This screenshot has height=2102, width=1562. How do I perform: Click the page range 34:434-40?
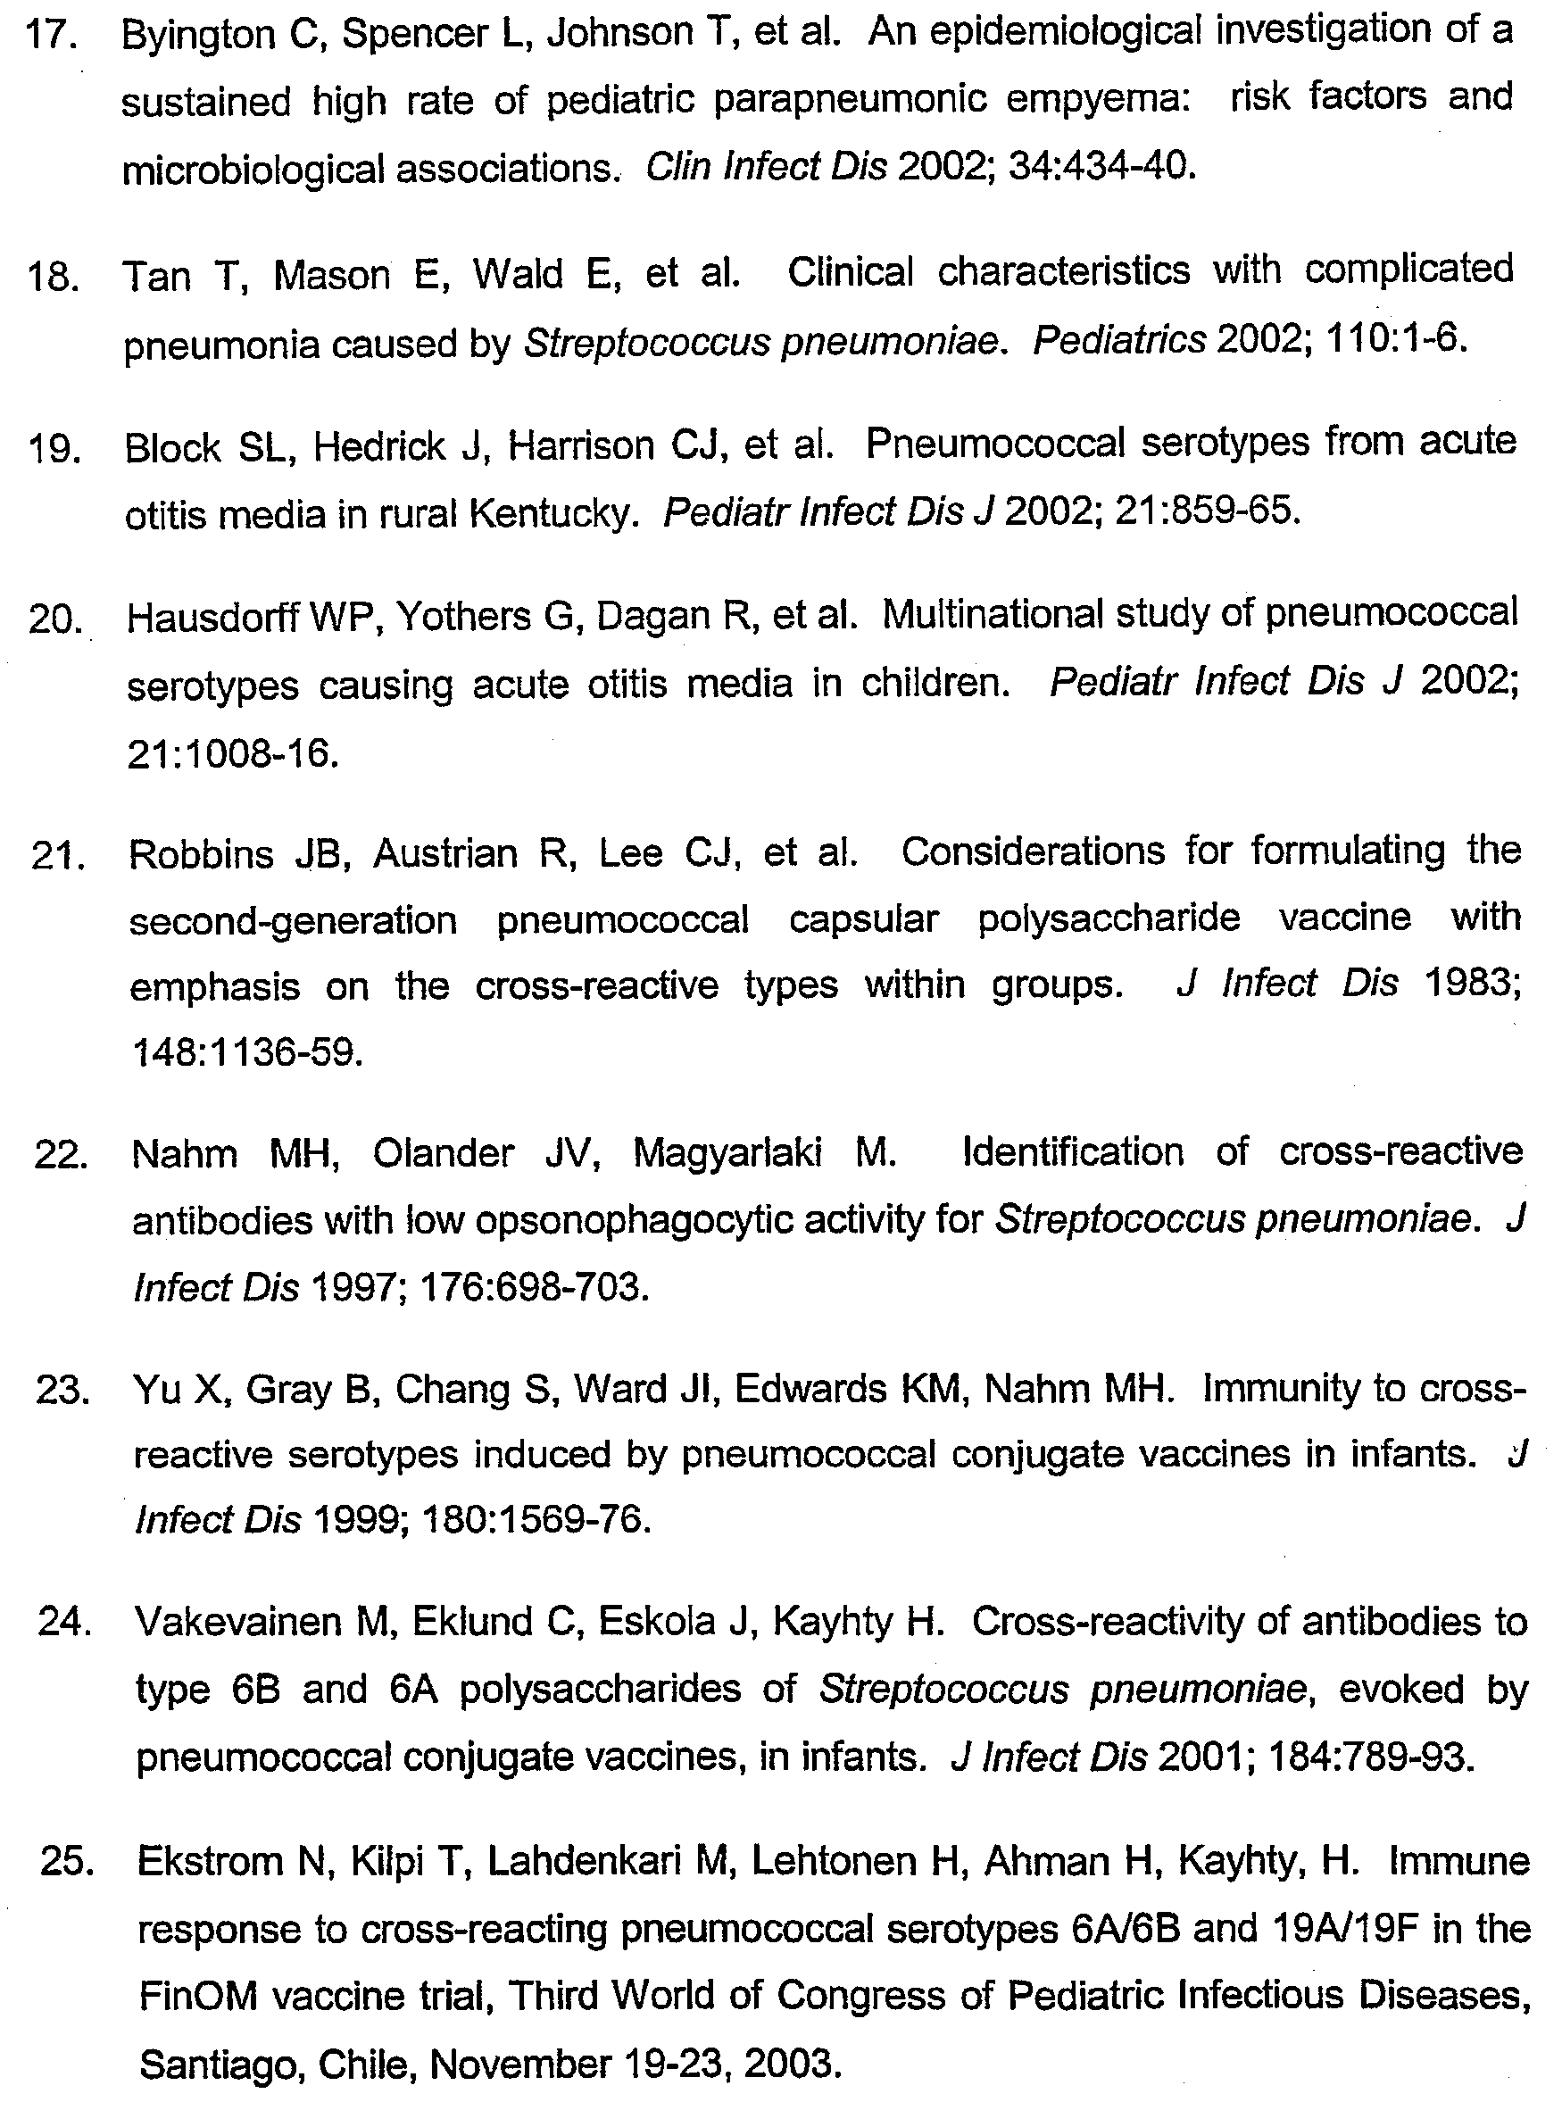pos(1101,168)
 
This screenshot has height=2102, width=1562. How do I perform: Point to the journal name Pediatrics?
pos(1118,340)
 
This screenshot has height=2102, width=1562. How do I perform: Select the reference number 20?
pos(54,620)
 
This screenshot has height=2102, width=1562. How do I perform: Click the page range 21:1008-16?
pos(233,753)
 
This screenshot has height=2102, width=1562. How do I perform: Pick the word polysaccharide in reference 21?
pos(1109,918)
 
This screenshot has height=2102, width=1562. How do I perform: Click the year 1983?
pos(1471,985)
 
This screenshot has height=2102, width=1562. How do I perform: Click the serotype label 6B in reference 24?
pos(255,1690)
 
